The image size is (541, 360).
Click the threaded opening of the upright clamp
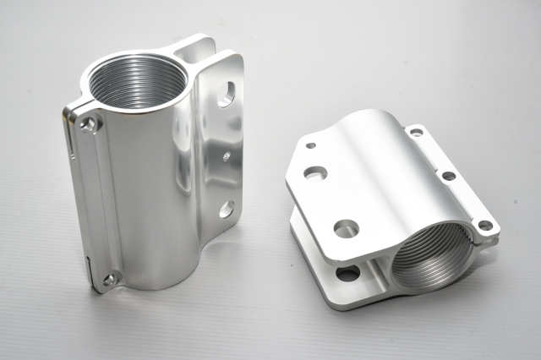(137, 81)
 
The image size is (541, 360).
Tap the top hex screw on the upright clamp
(89, 123)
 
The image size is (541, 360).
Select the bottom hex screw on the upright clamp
(109, 278)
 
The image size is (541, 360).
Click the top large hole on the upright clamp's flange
(225, 94)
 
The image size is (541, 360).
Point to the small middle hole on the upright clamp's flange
(227, 155)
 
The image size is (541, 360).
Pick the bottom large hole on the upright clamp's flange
(226, 209)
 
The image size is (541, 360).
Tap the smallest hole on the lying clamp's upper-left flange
(311, 145)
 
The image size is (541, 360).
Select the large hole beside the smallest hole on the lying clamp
(315, 173)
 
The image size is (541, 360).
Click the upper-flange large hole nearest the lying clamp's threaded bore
(346, 228)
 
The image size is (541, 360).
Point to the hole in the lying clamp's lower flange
(347, 273)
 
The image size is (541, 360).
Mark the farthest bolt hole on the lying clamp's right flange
(416, 132)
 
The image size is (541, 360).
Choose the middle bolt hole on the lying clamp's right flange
(449, 176)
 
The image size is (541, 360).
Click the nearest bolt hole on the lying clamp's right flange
(485, 226)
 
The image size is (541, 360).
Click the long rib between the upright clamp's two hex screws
(99, 203)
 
